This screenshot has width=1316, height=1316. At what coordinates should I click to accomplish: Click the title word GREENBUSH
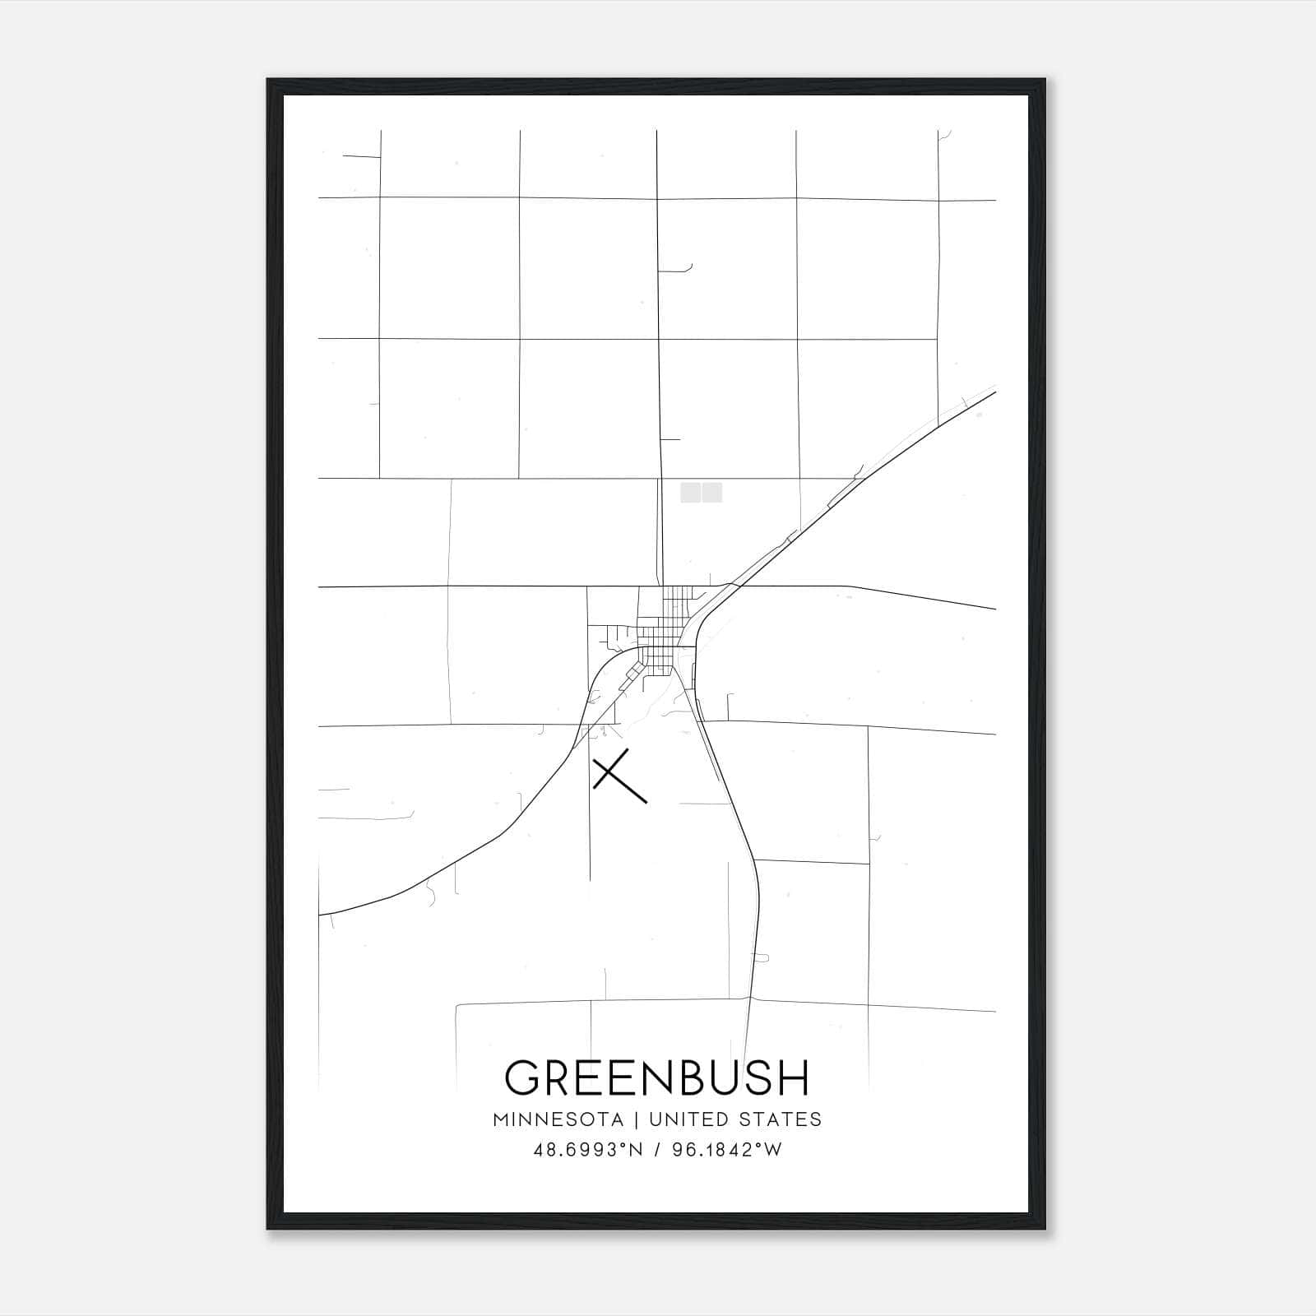click(x=657, y=1077)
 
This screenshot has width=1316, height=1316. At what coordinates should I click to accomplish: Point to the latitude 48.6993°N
click(x=587, y=1150)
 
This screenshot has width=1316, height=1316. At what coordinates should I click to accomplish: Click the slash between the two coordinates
click(x=656, y=1150)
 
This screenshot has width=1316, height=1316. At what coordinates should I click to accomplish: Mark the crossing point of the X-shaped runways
click(x=613, y=772)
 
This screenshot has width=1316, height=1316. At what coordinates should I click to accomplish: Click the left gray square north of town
click(x=690, y=492)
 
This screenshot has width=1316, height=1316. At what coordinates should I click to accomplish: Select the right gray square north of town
click(x=712, y=492)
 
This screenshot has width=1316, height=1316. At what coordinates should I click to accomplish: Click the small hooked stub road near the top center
click(x=688, y=268)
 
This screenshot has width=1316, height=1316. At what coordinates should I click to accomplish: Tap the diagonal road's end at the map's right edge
click(x=994, y=392)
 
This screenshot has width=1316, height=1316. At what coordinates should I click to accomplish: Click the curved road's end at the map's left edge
click(x=320, y=914)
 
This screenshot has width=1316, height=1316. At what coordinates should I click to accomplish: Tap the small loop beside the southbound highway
click(x=761, y=958)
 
